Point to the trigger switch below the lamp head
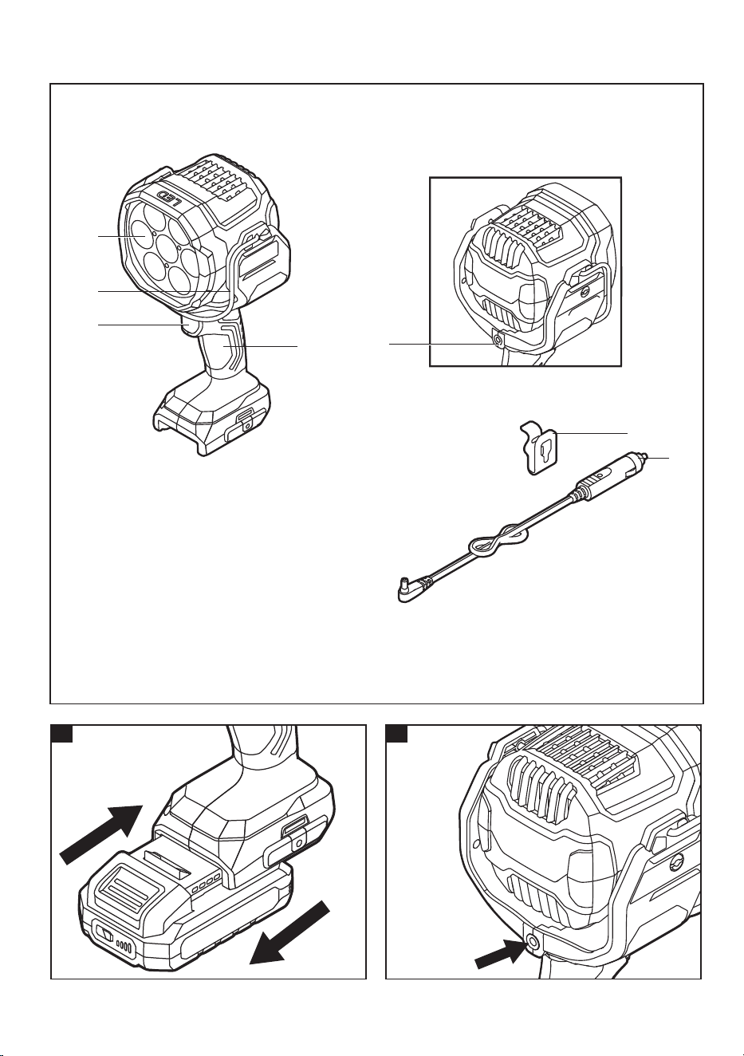(x=190, y=328)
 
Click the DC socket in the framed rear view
(x=496, y=338)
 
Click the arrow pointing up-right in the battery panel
(x=101, y=835)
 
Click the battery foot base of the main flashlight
(x=212, y=415)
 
